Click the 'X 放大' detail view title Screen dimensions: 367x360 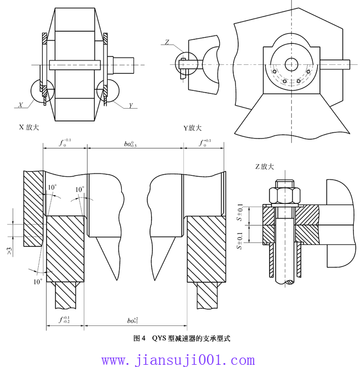click(29, 127)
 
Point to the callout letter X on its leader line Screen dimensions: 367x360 click(20, 104)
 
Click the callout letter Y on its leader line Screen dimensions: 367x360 click(131, 105)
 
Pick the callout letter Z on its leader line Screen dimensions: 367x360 click(167, 42)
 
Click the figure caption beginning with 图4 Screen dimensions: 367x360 click(181, 338)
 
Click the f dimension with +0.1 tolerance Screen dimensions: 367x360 click(205, 143)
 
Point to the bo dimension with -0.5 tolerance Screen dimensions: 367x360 click(131, 143)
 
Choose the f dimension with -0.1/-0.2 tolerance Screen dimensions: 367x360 click(65, 319)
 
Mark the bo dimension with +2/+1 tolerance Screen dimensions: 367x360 click(133, 320)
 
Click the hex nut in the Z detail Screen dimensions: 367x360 click(284, 195)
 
